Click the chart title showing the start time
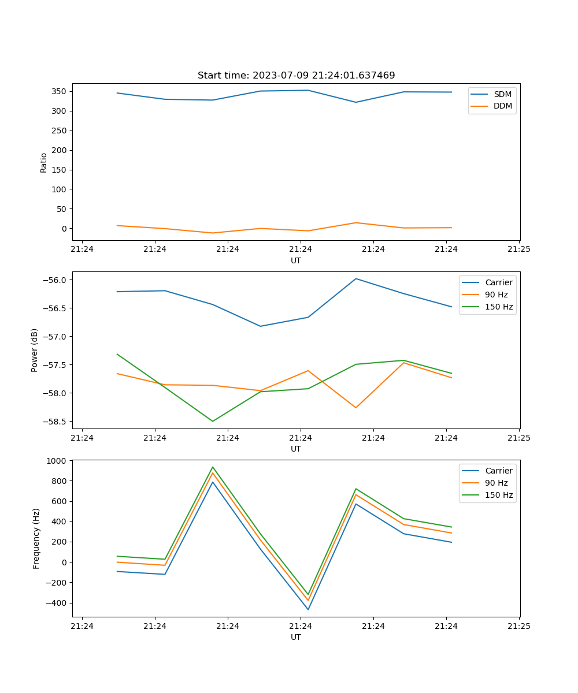(296, 76)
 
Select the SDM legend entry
(502, 94)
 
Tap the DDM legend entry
(502, 106)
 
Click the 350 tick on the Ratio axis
(58, 91)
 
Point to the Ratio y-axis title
(44, 162)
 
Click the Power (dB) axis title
(35, 350)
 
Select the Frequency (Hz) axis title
(36, 538)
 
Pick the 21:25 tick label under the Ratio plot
(518, 249)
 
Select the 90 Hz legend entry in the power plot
(496, 295)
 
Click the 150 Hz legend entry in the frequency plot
(499, 495)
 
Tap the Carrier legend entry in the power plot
(498, 282)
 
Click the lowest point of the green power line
(213, 421)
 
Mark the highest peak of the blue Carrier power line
(356, 278)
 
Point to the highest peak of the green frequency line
(213, 467)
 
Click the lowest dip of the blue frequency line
(308, 609)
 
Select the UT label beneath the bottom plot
(296, 637)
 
